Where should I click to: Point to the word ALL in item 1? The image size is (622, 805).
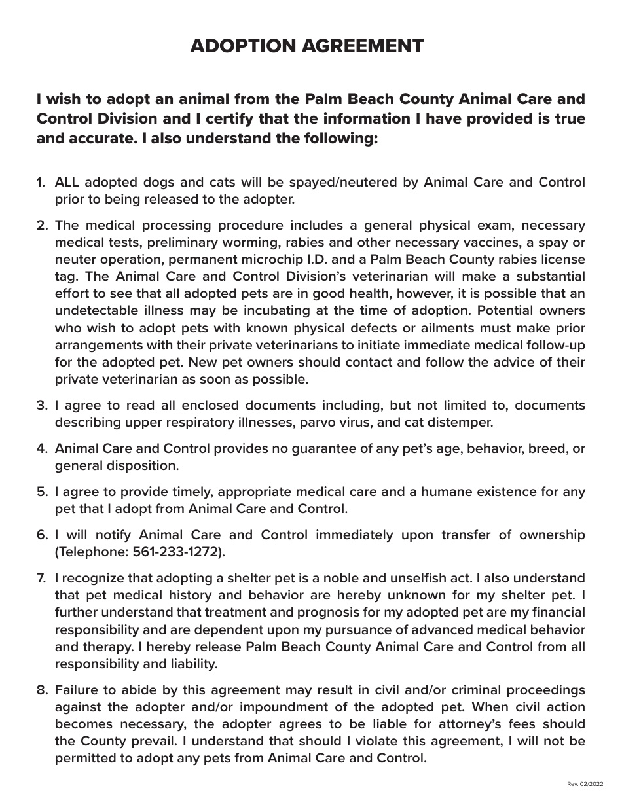(x=67, y=182)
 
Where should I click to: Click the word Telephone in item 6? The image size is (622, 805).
(x=92, y=552)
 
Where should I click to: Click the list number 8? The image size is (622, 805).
(x=42, y=690)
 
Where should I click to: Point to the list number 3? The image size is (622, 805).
(x=42, y=405)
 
